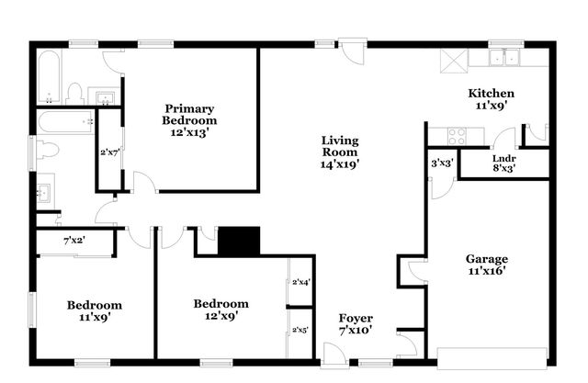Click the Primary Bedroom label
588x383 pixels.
pyautogui.click(x=189, y=114)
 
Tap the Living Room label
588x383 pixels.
pyautogui.click(x=339, y=152)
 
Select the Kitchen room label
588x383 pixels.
pyautogui.click(x=491, y=99)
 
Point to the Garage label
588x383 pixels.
pyautogui.click(x=486, y=265)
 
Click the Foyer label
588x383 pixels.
pyautogui.click(x=356, y=323)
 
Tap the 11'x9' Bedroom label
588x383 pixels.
pyautogui.click(x=95, y=311)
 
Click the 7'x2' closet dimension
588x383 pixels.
pyautogui.click(x=75, y=241)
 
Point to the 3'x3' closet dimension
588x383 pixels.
pyautogui.click(x=442, y=163)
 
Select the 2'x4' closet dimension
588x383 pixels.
pyautogui.click(x=300, y=283)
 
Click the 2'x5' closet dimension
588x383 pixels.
pyautogui.click(x=300, y=329)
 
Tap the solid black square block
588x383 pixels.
pyautogui.click(x=239, y=242)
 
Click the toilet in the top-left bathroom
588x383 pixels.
pyautogui.click(x=75, y=92)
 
